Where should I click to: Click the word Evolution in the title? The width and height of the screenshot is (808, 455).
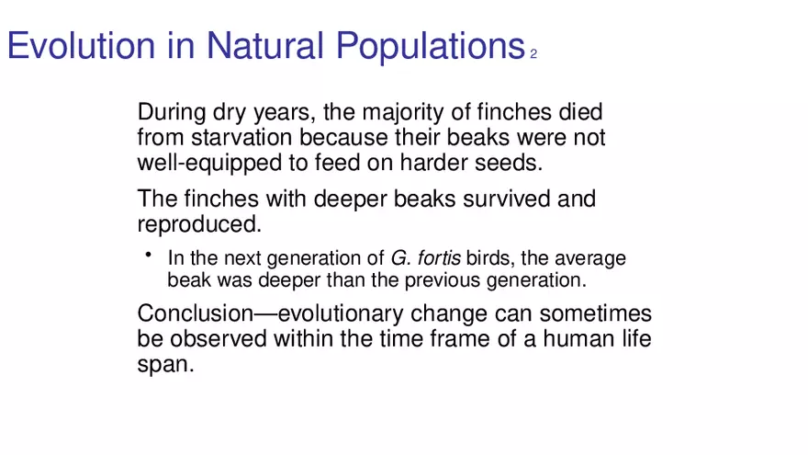81,45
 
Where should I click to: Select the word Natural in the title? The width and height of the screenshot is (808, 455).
264,45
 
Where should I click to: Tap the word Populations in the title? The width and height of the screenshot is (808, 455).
431,48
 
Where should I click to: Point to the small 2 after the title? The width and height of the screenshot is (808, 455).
533,53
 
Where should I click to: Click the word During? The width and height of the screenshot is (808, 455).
172,112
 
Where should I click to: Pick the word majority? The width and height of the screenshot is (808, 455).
402,112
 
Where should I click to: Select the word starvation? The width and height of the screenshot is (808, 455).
242,137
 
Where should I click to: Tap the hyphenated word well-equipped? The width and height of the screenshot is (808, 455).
209,163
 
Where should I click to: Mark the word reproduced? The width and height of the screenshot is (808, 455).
199,224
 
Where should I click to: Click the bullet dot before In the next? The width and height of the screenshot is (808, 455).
149,255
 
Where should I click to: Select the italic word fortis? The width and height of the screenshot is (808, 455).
439,258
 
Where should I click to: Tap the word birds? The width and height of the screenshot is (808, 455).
490,258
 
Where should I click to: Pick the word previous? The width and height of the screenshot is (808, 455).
443,280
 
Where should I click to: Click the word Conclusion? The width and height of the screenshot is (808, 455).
196,313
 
